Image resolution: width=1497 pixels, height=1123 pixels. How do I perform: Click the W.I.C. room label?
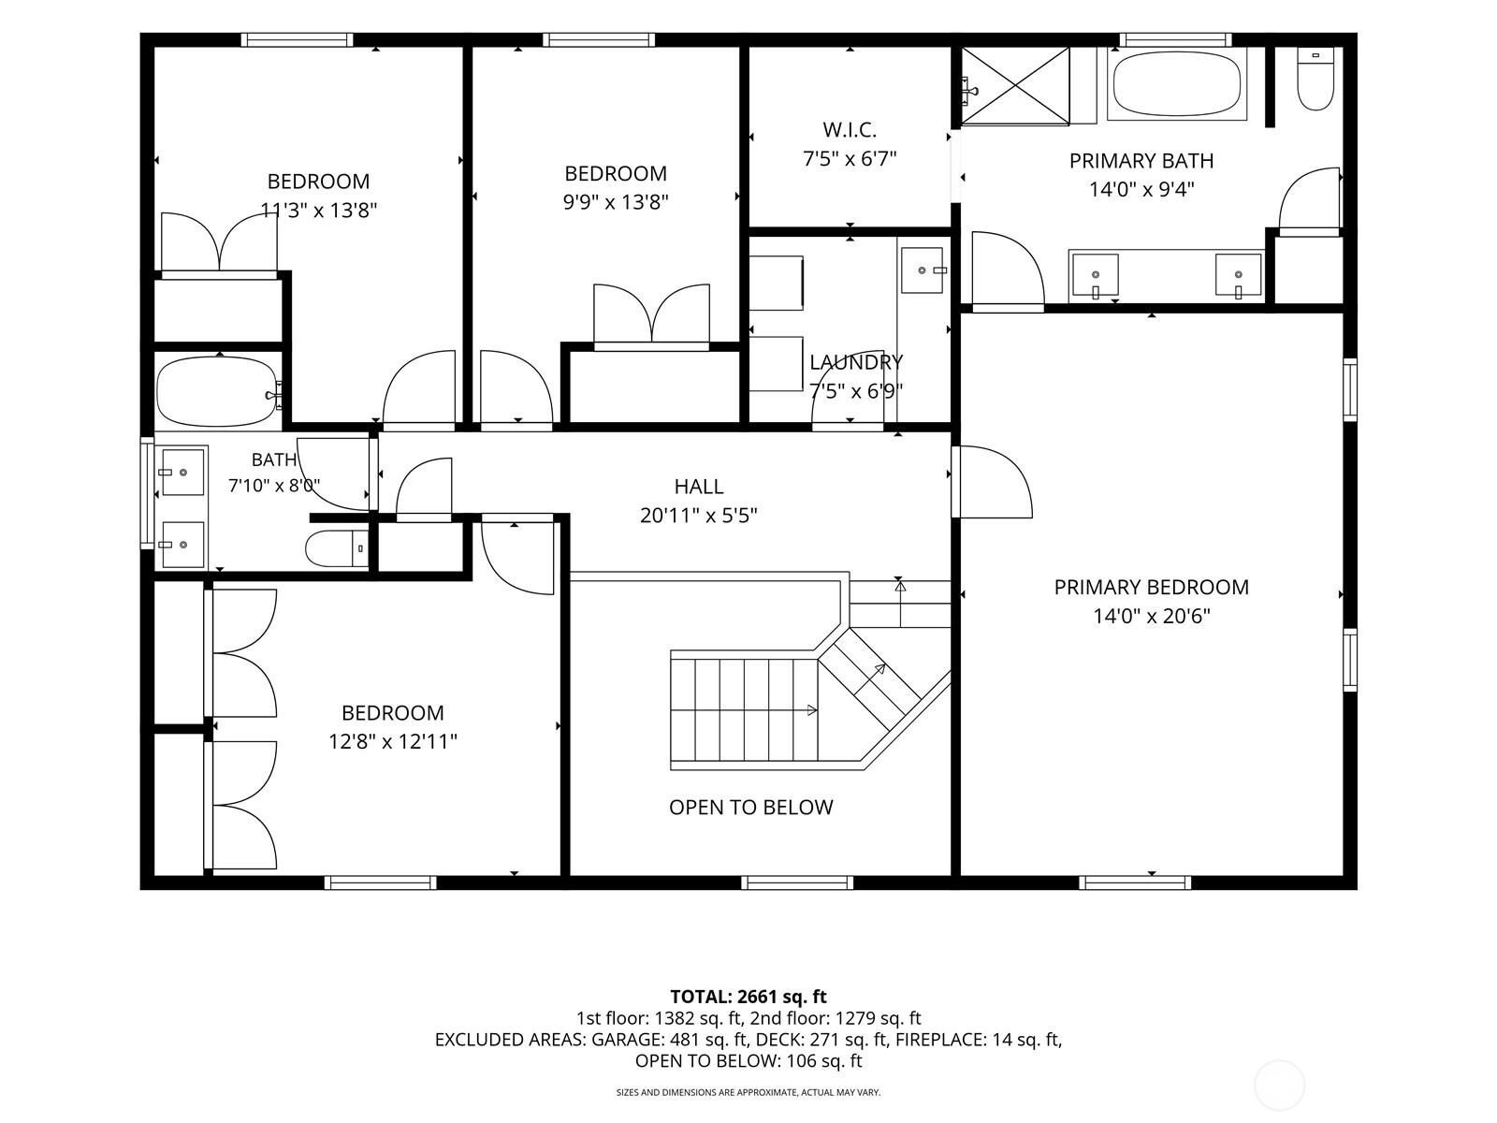tap(850, 129)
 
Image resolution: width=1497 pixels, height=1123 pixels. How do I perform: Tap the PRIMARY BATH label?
tap(1141, 161)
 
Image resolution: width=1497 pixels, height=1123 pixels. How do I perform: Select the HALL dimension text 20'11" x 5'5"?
tap(698, 516)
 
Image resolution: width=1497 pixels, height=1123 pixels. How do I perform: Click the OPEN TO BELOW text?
tap(751, 808)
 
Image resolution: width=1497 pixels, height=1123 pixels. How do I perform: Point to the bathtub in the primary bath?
tap(1176, 84)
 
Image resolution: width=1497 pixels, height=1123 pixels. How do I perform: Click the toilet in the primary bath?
tap(1315, 79)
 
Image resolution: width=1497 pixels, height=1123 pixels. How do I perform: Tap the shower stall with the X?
tap(1015, 86)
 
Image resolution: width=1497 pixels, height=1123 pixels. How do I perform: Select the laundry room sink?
tap(923, 270)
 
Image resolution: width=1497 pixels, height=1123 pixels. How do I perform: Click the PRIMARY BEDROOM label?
tap(1151, 587)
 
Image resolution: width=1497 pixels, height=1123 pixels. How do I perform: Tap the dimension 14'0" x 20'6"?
tap(1151, 617)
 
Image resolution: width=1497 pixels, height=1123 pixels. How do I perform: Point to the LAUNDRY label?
tap(856, 362)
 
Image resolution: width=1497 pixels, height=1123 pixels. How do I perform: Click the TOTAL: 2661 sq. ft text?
tap(748, 997)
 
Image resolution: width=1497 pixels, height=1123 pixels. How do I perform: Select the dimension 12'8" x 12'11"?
tap(393, 741)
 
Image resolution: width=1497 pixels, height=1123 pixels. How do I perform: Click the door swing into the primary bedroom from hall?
tap(993, 482)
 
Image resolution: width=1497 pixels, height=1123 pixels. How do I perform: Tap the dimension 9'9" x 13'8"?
tap(615, 202)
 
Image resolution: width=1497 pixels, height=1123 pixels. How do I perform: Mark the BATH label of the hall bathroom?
tap(274, 460)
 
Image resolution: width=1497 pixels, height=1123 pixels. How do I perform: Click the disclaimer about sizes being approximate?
tap(748, 1092)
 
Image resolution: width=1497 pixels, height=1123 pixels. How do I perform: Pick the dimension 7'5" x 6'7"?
tap(850, 159)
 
